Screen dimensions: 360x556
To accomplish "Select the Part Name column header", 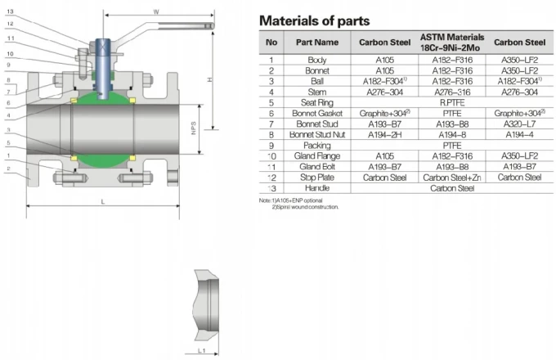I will click(x=317, y=43).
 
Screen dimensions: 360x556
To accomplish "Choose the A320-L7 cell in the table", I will click(x=520, y=124).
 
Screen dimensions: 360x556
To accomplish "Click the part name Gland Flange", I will click(x=317, y=155).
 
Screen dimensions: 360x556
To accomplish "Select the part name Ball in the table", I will click(x=317, y=81).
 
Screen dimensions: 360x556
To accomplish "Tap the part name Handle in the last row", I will click(x=317, y=187).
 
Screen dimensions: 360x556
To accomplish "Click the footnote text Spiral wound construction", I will click(x=310, y=206).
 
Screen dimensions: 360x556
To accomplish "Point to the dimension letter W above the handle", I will click(x=156, y=12).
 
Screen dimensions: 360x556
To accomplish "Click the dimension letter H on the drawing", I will click(x=211, y=79).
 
